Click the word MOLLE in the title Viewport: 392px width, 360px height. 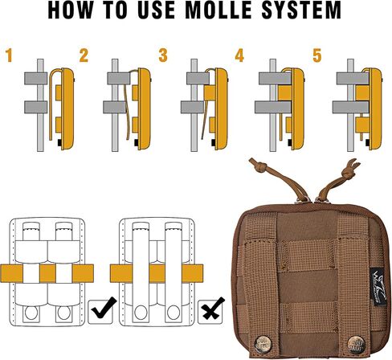pyautogui.click(x=218, y=10)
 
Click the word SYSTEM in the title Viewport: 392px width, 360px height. pyautogui.click(x=301, y=10)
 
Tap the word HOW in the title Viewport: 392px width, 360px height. pyautogui.click(x=71, y=10)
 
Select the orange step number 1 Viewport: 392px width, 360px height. pyautogui.click(x=10, y=55)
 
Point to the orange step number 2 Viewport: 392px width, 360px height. pyautogui.click(x=84, y=55)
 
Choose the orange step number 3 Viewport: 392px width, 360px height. pyautogui.click(x=163, y=55)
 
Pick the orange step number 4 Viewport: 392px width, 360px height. pyautogui.click(x=239, y=55)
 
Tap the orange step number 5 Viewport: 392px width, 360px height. pyautogui.click(x=317, y=55)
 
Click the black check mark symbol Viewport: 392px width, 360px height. pyautogui.click(x=104, y=308)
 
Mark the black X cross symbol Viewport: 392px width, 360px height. pyautogui.click(x=212, y=309)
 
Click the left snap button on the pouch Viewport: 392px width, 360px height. pyautogui.click(x=263, y=344)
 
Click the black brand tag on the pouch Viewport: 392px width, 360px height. pyautogui.click(x=378, y=287)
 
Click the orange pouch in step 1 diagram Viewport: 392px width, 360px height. pyautogui.click(x=67, y=109)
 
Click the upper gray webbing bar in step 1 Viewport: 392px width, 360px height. pyautogui.click(x=35, y=79)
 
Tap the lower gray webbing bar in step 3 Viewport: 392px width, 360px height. pyautogui.click(x=192, y=107)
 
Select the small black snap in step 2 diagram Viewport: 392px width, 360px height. pyautogui.click(x=137, y=143)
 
